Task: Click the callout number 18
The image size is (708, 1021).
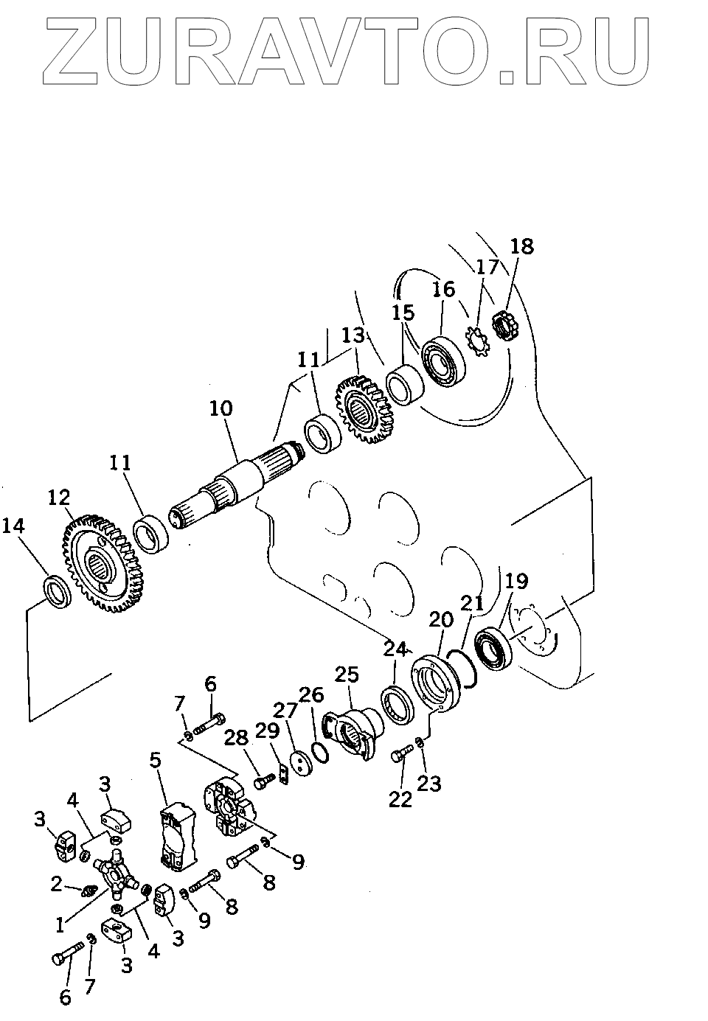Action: coord(522,246)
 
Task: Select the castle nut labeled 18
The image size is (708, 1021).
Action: coord(503,326)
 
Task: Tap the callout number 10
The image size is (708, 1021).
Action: coord(221,408)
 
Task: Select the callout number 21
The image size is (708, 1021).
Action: coord(473,603)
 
